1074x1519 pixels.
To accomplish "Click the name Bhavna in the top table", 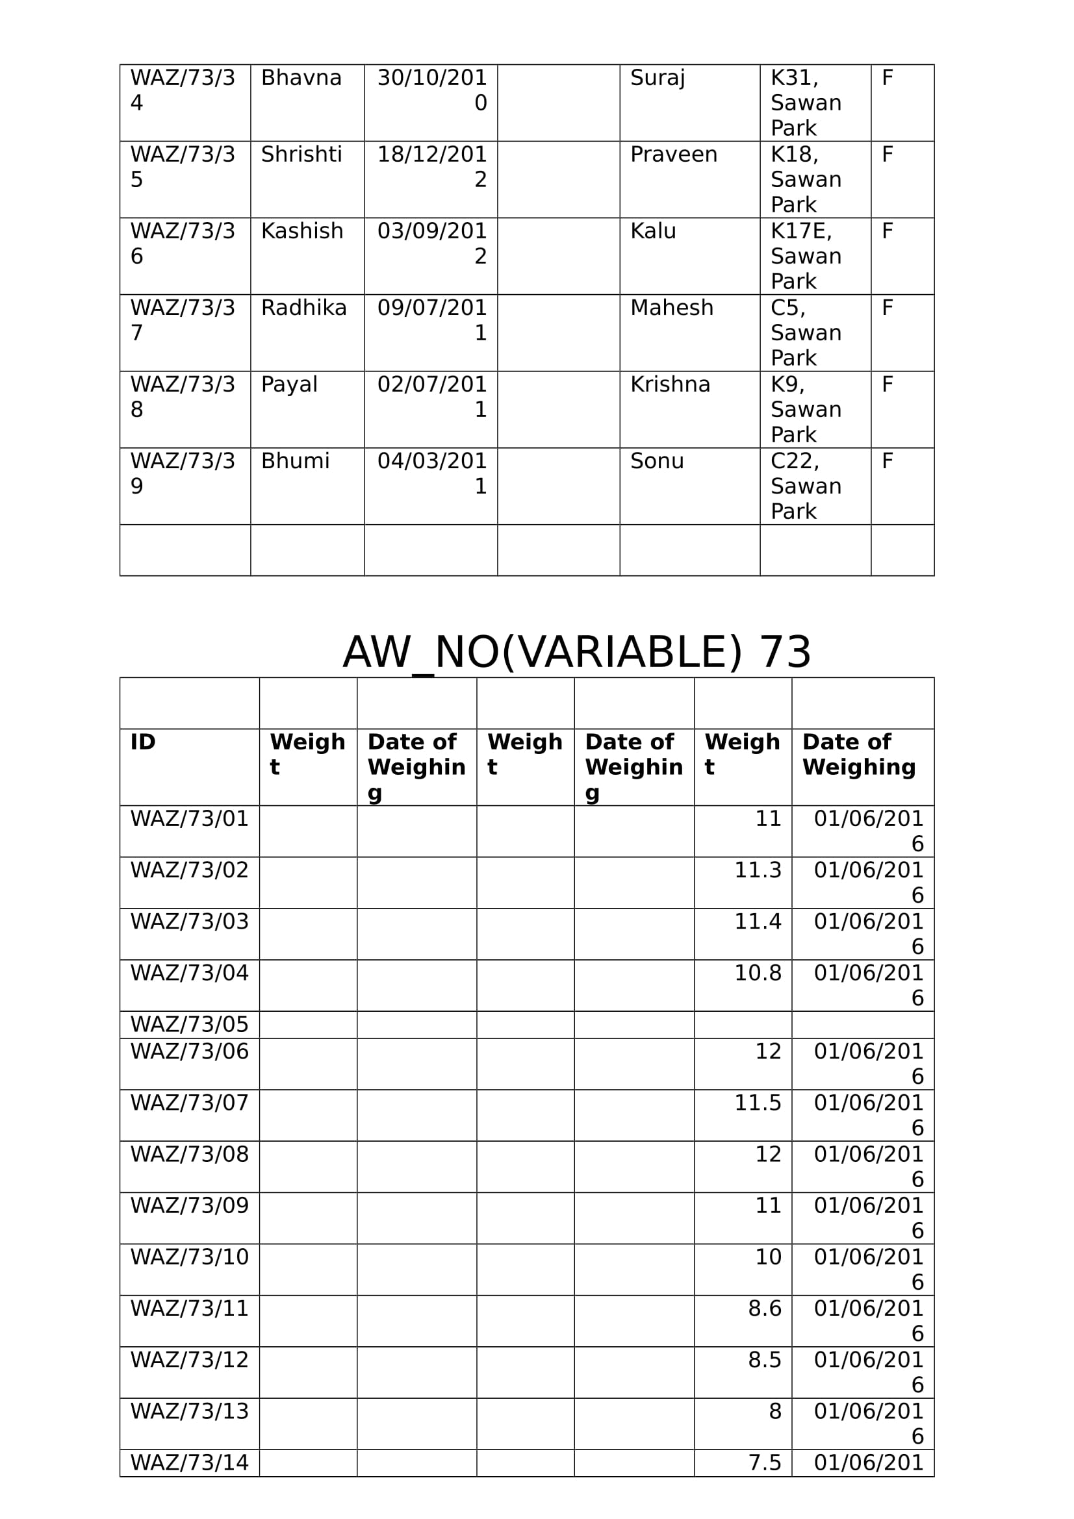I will [301, 78].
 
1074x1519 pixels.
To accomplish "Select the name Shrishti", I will [301, 155].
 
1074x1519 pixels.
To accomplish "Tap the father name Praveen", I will [673, 155].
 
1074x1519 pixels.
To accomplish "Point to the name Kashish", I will [301, 232].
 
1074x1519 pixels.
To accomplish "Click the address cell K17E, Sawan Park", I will [805, 256].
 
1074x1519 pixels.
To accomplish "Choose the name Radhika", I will [303, 308].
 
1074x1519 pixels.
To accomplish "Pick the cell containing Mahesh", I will [671, 308].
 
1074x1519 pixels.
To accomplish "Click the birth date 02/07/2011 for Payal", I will [431, 397].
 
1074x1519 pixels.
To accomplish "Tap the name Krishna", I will [670, 385].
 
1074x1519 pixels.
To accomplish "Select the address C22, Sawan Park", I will [805, 486].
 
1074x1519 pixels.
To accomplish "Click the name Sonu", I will [656, 462].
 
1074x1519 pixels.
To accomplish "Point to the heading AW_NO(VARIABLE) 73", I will [576, 652].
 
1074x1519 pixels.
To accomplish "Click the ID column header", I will [143, 742].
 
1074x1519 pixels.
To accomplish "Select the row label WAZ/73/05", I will [189, 1025].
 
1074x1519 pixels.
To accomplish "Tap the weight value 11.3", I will [758, 871].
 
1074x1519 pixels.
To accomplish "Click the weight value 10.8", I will [758, 973].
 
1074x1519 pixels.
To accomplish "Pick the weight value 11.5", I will [758, 1103].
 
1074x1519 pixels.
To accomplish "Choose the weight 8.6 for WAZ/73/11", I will [764, 1309].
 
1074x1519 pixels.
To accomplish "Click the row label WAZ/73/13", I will [189, 1411].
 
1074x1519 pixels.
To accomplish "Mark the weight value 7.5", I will [764, 1463].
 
